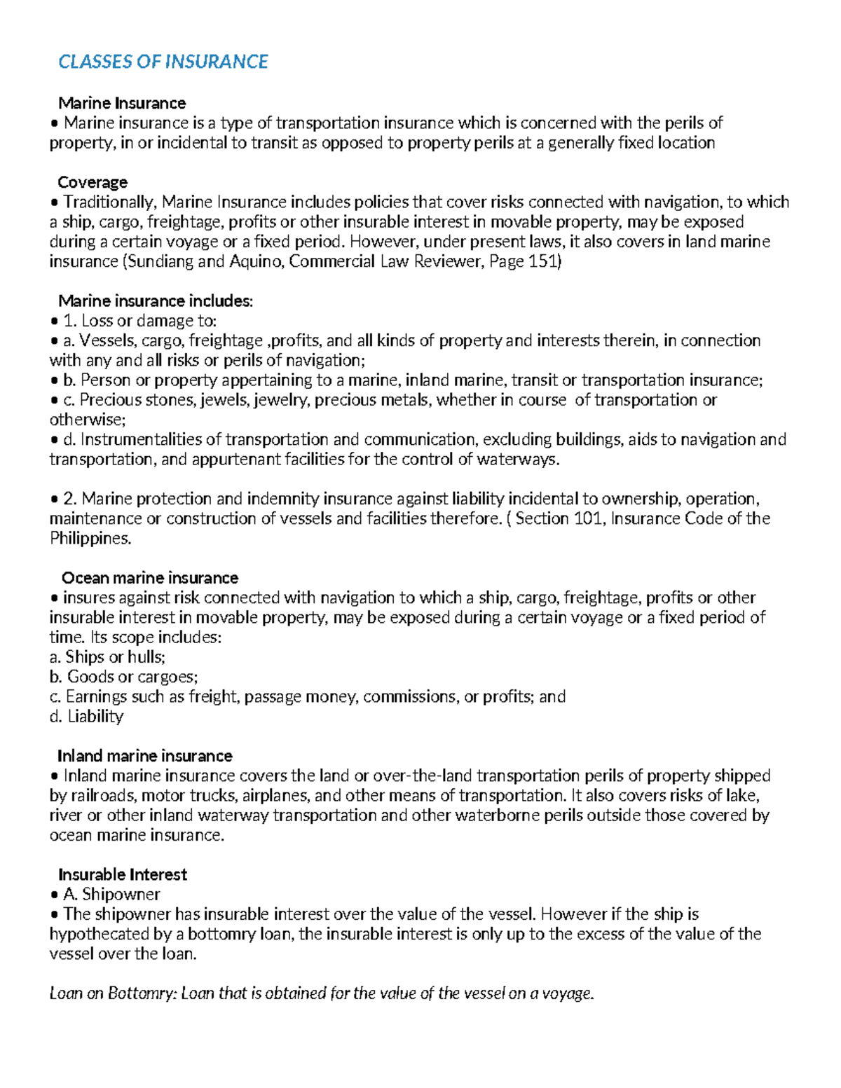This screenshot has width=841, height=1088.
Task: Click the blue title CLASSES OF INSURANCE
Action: coord(163,62)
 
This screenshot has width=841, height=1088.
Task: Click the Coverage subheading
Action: coord(93,182)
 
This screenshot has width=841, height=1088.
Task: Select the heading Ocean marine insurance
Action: coord(150,578)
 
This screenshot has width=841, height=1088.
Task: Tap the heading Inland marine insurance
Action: coord(144,756)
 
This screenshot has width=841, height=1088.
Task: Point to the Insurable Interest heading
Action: coord(123,874)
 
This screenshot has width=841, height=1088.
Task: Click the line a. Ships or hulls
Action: coord(107,657)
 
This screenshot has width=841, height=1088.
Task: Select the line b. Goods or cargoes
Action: coord(124,677)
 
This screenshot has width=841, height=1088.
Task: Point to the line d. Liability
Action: coord(86,716)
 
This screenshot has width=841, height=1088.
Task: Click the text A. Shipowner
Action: coord(111,894)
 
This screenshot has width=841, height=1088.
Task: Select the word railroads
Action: coord(103,796)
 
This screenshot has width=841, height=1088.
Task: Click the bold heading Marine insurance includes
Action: coord(154,301)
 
